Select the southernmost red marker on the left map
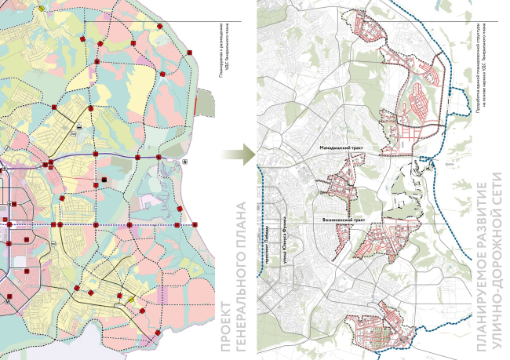(158, 333)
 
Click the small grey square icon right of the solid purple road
(185, 161)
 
